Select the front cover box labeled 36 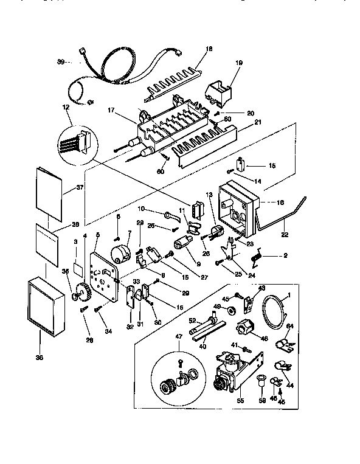point(46,307)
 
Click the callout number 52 point(192,320)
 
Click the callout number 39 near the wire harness point(60,61)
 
